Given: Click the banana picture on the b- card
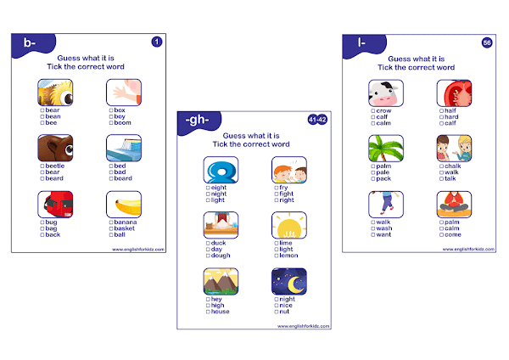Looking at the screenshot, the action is pos(124,205).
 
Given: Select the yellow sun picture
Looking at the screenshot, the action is pos(289,224).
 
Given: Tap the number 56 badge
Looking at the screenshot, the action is pos(486,42).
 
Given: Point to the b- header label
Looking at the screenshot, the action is pos(32,42).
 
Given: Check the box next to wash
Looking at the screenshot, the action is pos(372,228).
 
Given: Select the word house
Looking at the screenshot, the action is pos(219,312).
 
